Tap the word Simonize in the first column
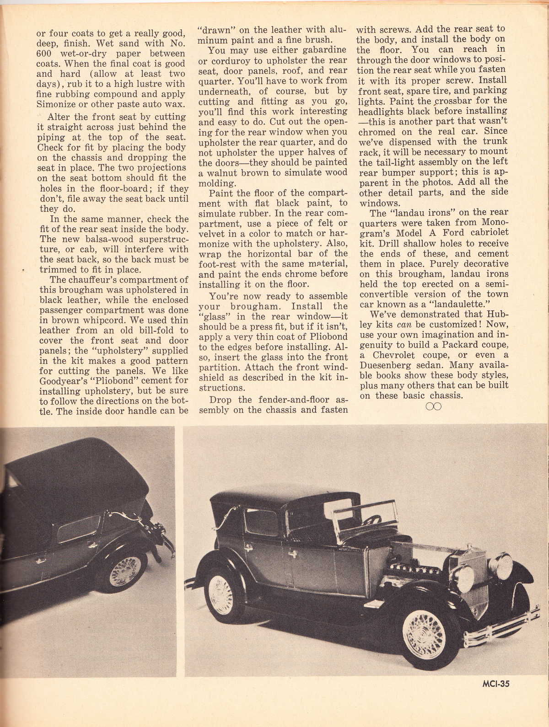coord(56,104)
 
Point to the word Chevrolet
coord(390,355)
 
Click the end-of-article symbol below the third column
coord(433,406)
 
